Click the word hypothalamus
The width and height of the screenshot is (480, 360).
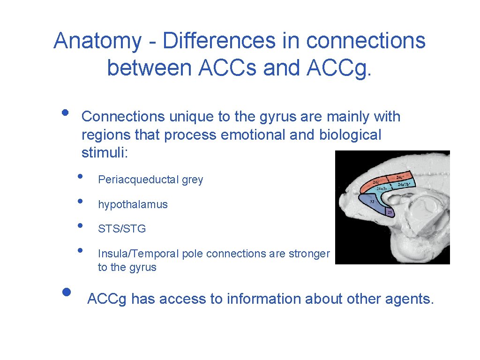pos(133,204)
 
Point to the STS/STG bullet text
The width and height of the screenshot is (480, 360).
pos(122,229)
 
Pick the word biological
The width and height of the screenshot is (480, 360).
pos(351,135)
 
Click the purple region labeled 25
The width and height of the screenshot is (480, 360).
pos(390,212)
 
